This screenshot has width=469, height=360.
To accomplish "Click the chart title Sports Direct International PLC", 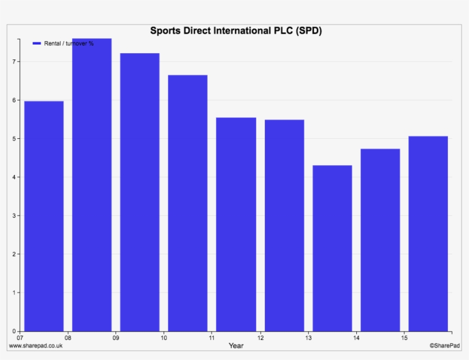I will [236, 31].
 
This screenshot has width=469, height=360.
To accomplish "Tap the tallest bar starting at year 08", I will [92, 185].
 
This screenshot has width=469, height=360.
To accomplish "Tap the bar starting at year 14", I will [380, 240].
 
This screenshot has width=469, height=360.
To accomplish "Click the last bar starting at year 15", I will [428, 234].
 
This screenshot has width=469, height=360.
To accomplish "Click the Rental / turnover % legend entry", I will [63, 43].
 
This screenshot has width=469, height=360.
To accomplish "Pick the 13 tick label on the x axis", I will [309, 338].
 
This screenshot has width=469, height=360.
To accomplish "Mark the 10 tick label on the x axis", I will [164, 338].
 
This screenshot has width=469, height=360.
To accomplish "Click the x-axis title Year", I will [236, 346].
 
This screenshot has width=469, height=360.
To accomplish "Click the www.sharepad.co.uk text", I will [35, 346].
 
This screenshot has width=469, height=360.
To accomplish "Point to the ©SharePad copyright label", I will [444, 346].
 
